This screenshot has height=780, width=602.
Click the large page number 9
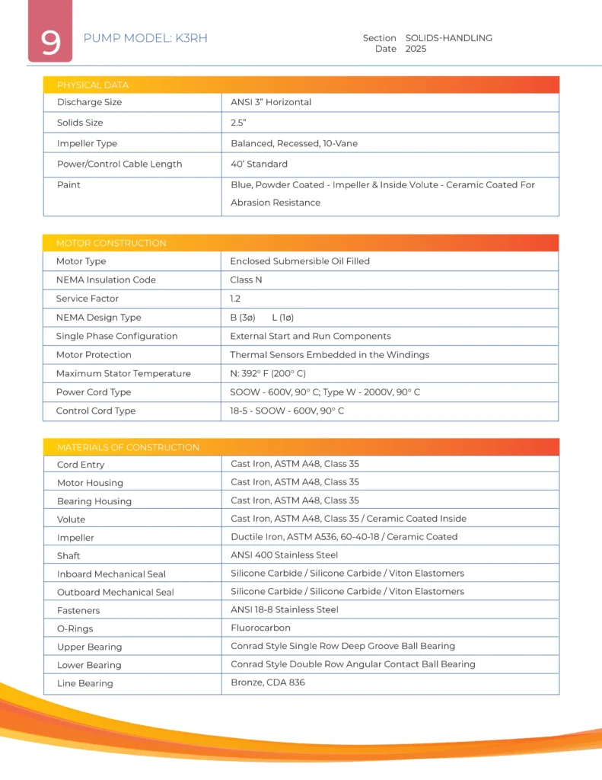50,43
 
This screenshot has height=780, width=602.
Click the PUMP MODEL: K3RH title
145,38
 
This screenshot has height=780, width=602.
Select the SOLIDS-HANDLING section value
448,38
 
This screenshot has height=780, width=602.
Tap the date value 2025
416,49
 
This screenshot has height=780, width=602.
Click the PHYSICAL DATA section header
93,85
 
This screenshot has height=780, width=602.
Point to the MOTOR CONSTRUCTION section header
111,243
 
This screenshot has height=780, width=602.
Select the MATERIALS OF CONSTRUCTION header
128,447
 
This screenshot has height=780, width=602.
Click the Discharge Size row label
89,102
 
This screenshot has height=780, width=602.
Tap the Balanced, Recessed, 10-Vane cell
294,143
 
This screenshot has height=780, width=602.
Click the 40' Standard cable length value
259,164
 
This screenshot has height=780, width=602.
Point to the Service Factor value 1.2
236,299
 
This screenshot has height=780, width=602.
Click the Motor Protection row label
94,355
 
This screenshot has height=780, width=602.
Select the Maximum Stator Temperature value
268,373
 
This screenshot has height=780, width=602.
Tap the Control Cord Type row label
96,411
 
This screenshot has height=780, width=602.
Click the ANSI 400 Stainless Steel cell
284,555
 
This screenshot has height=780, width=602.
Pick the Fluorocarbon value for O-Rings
260,628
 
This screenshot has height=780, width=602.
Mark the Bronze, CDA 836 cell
268,682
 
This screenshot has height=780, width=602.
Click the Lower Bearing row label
89,665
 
